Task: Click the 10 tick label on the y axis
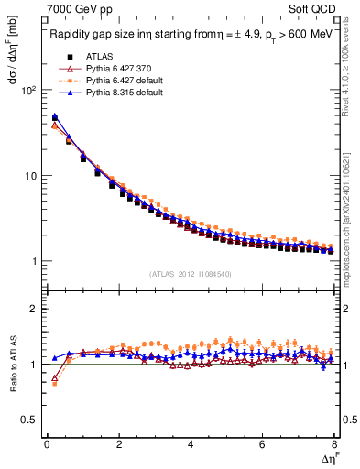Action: [x=29, y=176]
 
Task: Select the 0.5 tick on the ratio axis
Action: [x=27, y=420]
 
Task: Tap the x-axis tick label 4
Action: [x=190, y=444]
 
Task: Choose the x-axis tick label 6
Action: [x=262, y=444]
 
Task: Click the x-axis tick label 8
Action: [x=333, y=444]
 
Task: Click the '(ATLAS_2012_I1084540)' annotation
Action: [x=190, y=274]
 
